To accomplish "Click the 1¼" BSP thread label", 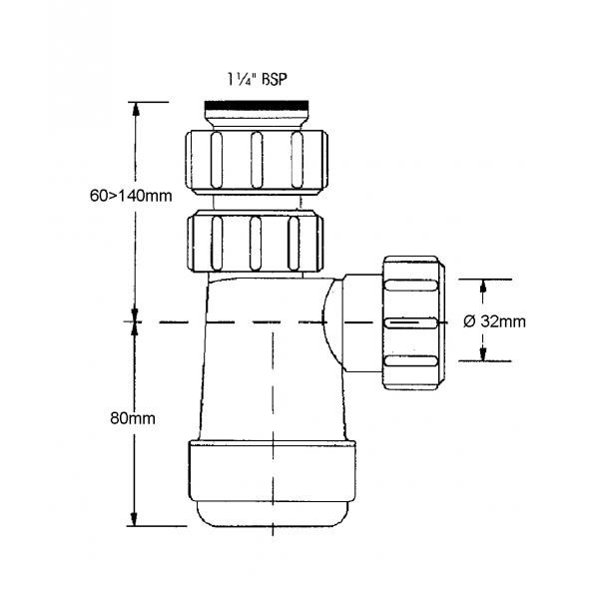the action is click(257, 80).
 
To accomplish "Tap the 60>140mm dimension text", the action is click(131, 196).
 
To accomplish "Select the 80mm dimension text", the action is click(133, 418).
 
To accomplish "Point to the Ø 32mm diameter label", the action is click(494, 321).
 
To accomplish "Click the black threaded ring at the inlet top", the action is click(257, 105).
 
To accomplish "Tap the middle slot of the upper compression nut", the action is click(257, 160).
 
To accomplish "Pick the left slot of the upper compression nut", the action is click(217, 160).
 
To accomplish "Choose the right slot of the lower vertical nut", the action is click(294, 244).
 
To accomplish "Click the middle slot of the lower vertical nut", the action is click(256, 244).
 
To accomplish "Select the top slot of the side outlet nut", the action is click(411, 286).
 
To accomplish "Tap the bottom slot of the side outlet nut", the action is click(411, 361).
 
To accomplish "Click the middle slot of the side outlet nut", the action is click(411, 323).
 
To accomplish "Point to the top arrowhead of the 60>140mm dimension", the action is click(135, 109).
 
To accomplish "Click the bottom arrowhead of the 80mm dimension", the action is click(134, 519).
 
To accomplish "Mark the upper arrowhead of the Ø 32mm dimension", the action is click(483, 287).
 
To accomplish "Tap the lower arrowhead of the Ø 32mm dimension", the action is click(483, 354).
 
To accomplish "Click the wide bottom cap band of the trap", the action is click(272, 471).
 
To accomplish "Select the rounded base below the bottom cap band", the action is click(272, 514).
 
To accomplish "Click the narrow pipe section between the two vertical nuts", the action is click(257, 202).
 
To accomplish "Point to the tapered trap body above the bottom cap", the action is click(272, 359).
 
